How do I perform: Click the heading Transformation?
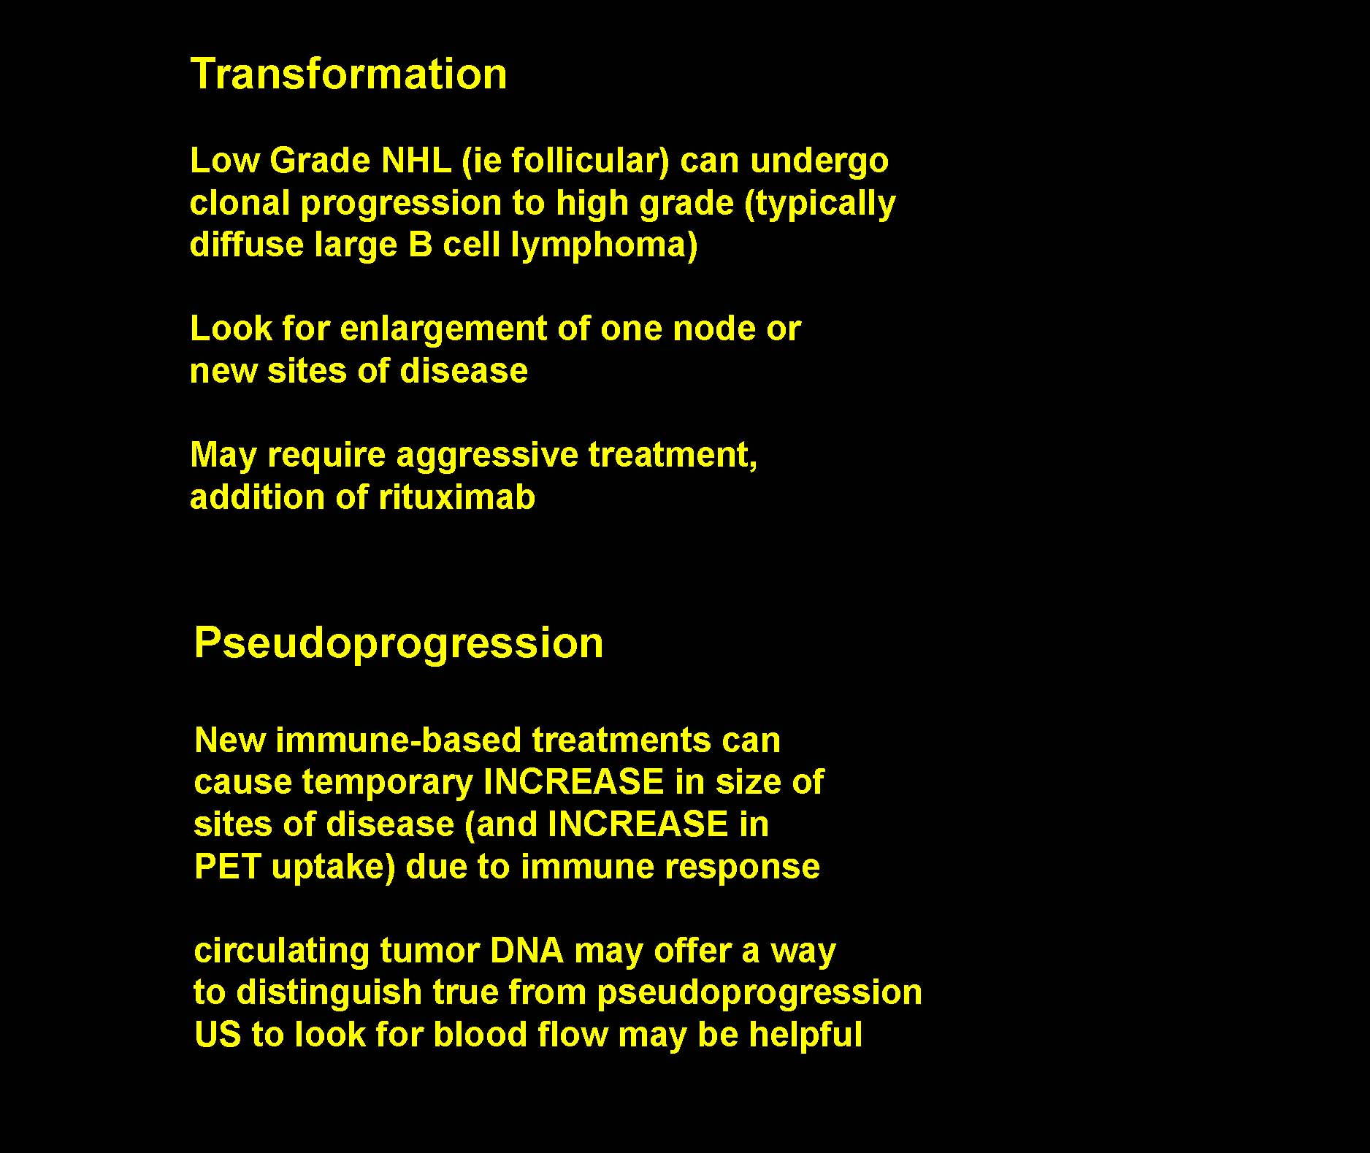pyautogui.click(x=348, y=74)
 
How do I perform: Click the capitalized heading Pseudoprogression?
pyautogui.click(x=399, y=644)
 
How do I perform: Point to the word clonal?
pyautogui.click(x=240, y=203)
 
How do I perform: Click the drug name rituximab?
pyautogui.click(x=457, y=497)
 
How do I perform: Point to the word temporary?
pyautogui.click(x=388, y=784)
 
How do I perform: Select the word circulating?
pyautogui.click(x=281, y=951)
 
